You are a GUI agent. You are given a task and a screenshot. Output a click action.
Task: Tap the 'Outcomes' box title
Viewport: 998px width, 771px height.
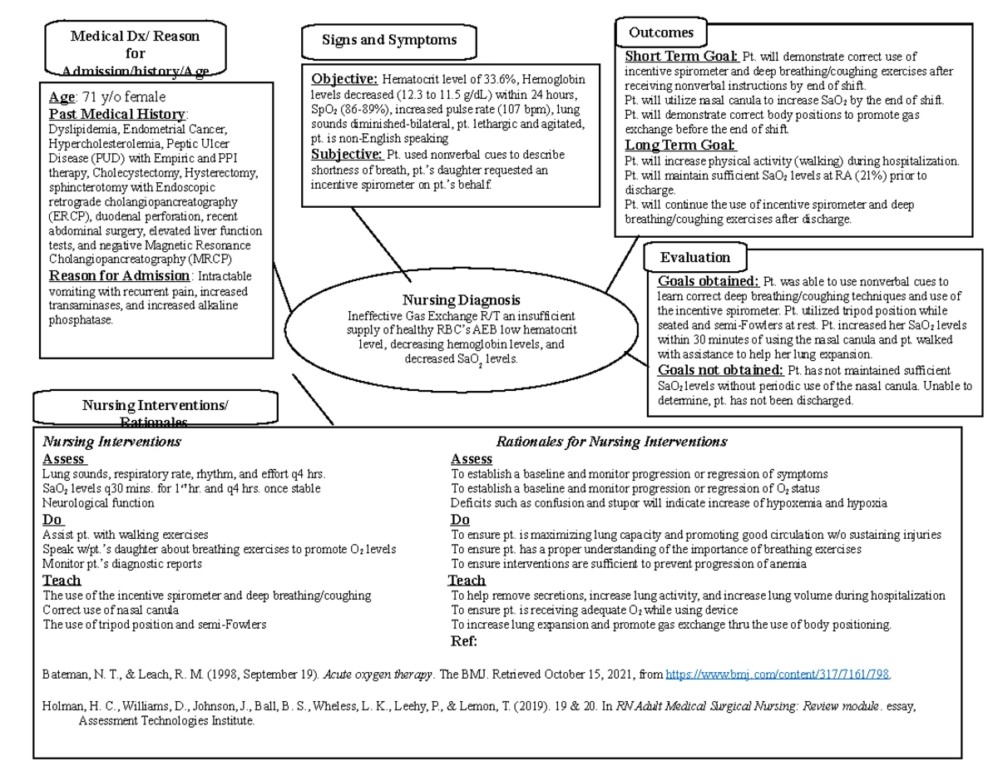661,33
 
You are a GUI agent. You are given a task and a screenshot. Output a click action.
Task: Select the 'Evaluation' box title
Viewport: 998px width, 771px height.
695,257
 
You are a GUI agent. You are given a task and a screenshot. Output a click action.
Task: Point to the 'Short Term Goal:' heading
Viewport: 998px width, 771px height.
681,57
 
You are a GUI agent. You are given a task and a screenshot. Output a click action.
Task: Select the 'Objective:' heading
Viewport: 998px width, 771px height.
344,79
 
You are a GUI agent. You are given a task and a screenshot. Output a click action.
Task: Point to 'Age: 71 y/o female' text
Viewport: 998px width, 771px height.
106,97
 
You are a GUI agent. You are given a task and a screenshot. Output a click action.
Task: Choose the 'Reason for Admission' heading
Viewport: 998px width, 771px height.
120,276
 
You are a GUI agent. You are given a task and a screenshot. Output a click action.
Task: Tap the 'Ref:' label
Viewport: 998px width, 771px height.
464,641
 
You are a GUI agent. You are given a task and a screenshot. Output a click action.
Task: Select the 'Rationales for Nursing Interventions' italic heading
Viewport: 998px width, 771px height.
611,442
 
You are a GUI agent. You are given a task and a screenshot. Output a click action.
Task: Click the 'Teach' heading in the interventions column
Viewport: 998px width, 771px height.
62,581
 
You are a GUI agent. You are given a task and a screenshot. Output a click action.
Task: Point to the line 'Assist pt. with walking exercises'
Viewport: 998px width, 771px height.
126,535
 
